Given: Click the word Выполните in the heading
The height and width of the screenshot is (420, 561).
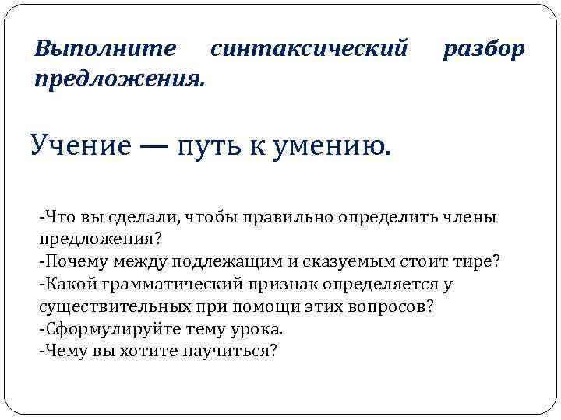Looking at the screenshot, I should [x=106, y=49].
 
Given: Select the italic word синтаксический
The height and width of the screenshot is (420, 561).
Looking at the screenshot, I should [x=309, y=49].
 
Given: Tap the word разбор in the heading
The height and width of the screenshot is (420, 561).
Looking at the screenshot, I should [x=484, y=49].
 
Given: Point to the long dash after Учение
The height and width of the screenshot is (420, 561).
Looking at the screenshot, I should [x=161, y=145].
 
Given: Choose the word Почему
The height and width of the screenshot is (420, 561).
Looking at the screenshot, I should [x=74, y=260].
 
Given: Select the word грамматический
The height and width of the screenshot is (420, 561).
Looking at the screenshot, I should [x=154, y=283].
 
